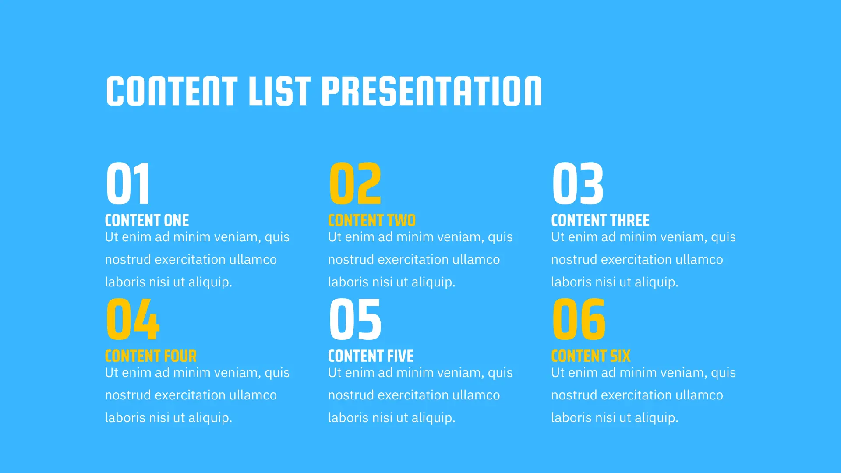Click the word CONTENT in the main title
172,91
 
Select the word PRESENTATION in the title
432,91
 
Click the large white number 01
128,183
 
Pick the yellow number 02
355,183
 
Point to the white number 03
578,183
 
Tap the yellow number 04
133,319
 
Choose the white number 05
355,319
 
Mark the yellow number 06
579,319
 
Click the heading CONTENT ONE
147,220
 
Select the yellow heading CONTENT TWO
372,220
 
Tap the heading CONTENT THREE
601,220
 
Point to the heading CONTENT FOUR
151,356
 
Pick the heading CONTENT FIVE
371,356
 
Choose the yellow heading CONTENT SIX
591,356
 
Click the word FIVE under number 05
400,356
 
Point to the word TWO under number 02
401,220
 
